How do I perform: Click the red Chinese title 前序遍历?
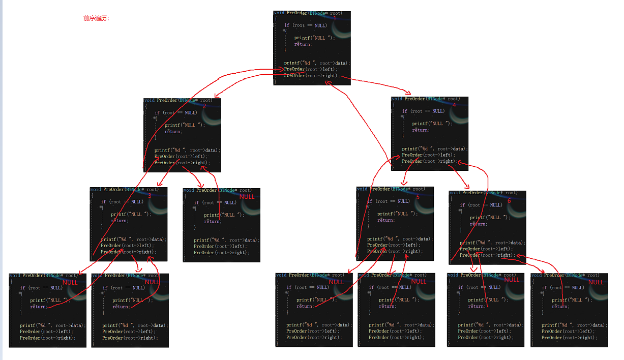pyautogui.click(x=96, y=18)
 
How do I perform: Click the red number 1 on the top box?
pyautogui.click(x=335, y=18)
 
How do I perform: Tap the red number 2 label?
pyautogui.click(x=204, y=106)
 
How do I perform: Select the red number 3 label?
pyautogui.click(x=150, y=196)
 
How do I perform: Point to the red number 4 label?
pyautogui.click(x=454, y=105)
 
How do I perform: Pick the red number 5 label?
pyautogui.click(x=418, y=197)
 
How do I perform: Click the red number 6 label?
pyautogui.click(x=509, y=201)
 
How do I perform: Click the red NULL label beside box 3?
pyautogui.click(x=247, y=197)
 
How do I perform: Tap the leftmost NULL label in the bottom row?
pyautogui.click(x=70, y=282)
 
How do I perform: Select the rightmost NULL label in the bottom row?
pyautogui.click(x=596, y=282)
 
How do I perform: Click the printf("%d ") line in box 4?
pyautogui.click(x=434, y=148)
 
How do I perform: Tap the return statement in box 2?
pyautogui.click(x=172, y=131)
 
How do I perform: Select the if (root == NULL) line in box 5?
pyautogui.click(x=388, y=201)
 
